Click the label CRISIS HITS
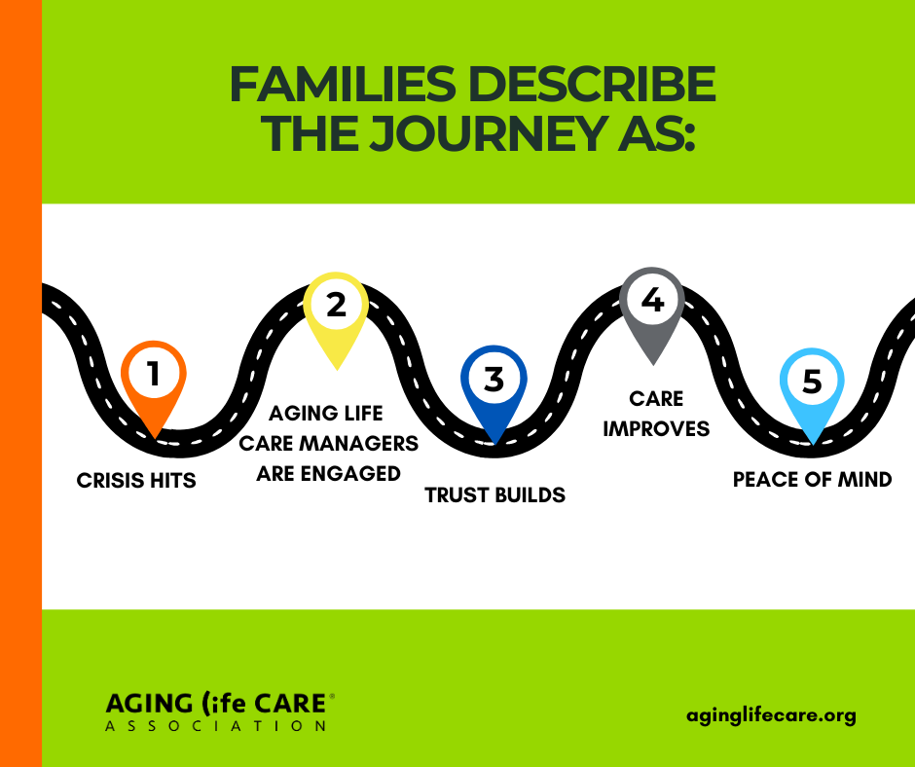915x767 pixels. (136, 481)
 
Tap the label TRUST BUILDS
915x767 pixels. (494, 495)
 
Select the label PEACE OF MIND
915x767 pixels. (812, 479)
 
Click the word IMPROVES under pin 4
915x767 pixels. (656, 429)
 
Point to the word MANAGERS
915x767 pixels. (359, 444)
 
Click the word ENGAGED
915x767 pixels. (350, 473)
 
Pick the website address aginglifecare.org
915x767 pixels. (772, 715)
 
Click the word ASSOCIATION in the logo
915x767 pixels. (216, 726)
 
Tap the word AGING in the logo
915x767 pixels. (149, 704)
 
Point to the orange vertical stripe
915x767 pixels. (21, 383)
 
